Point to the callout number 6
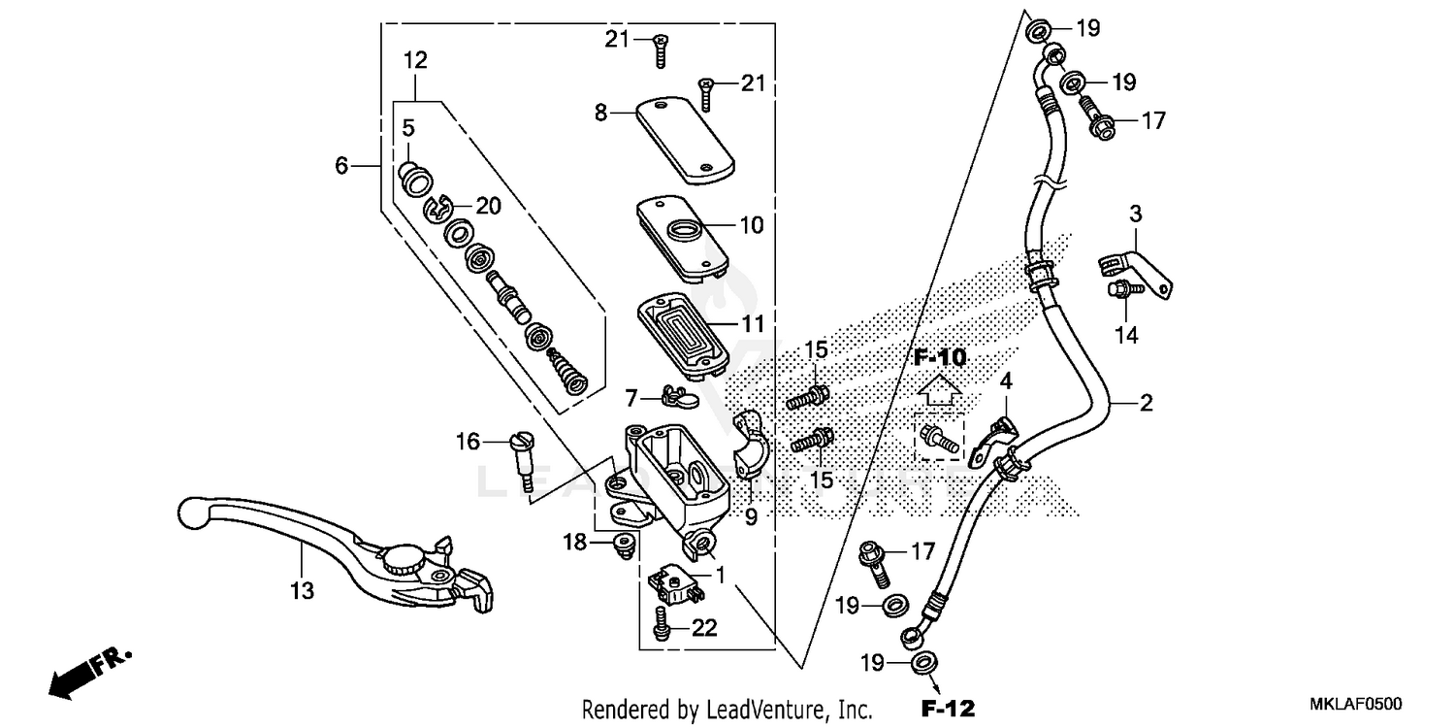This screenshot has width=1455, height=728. coord(341,166)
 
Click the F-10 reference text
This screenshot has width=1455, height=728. coord(940,357)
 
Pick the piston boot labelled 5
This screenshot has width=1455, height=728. coord(415,179)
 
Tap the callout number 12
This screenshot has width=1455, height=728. coord(415,60)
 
